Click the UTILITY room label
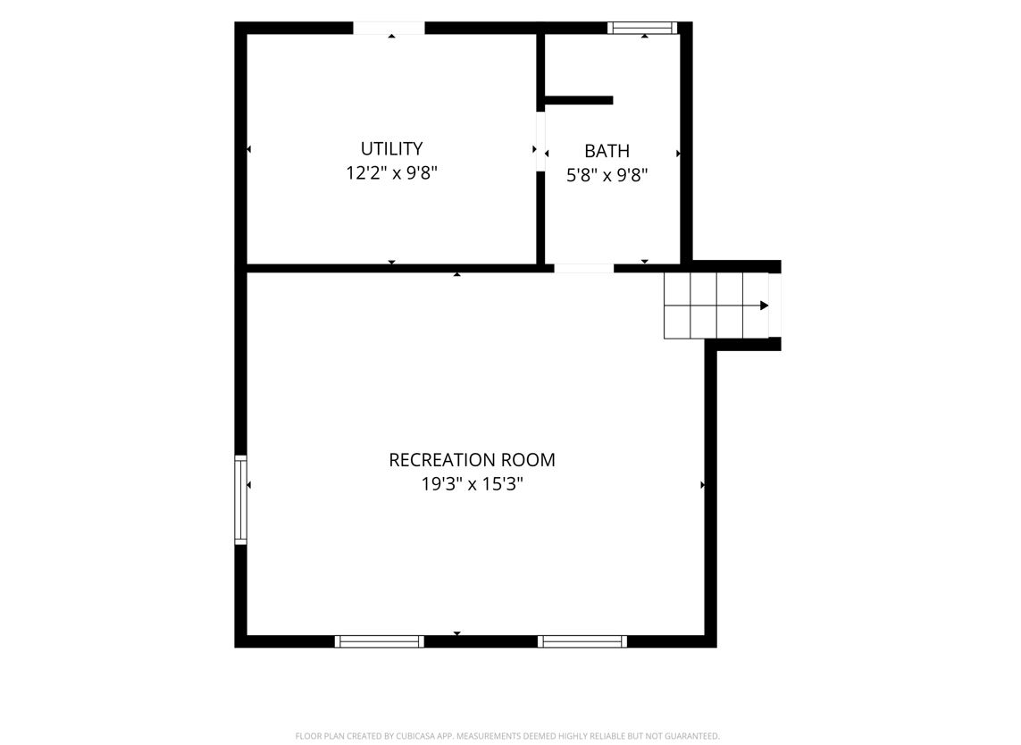coord(391,148)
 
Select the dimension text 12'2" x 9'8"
coord(391,173)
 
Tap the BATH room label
coord(607,151)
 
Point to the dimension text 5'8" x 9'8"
coord(607,175)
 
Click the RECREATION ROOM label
coord(472,460)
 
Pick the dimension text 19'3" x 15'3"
coord(472,484)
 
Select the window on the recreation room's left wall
coord(241,499)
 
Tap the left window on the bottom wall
coord(379,641)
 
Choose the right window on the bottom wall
coord(582,641)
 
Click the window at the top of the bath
coord(642,28)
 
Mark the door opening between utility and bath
coord(540,141)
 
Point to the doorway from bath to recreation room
coord(583,268)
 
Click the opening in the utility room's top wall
coord(389,28)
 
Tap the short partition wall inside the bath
coord(579,100)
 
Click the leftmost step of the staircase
coord(677,306)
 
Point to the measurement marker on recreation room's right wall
coord(703,485)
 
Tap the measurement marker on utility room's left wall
coord(248,150)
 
